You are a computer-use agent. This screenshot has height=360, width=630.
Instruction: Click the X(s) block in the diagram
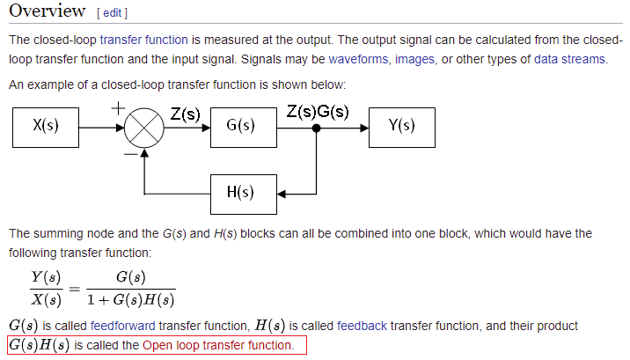pyautogui.click(x=46, y=126)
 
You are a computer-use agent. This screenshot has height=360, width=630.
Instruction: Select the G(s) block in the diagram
pyautogui.click(x=241, y=126)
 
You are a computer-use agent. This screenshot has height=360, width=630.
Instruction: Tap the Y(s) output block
pyautogui.click(x=402, y=126)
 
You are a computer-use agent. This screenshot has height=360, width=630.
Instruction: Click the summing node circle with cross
pyautogui.click(x=144, y=127)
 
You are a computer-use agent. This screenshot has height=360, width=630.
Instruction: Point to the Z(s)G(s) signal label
pyautogui.click(x=318, y=113)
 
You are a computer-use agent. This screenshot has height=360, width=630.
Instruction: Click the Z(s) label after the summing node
pyautogui.click(x=185, y=114)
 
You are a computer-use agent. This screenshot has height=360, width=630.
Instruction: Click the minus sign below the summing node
pyautogui.click(x=129, y=153)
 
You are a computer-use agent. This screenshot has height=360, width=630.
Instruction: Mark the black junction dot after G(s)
pyautogui.click(x=316, y=127)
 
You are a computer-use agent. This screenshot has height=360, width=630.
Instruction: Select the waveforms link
pyautogui.click(x=359, y=59)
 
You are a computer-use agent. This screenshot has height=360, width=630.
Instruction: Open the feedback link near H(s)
pyautogui.click(x=362, y=326)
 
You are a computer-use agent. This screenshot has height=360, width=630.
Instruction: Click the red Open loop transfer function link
pyautogui.click(x=218, y=345)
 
